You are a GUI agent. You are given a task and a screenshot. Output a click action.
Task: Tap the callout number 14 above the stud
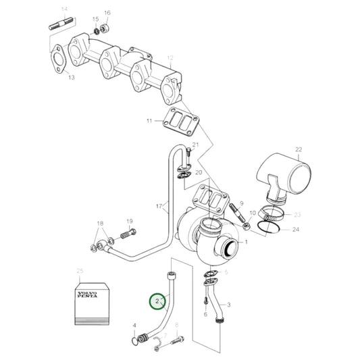tap(64, 9)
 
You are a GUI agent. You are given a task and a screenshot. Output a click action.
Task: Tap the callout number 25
tap(80, 272)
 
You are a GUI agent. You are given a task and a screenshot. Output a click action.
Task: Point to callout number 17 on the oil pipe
tap(159, 206)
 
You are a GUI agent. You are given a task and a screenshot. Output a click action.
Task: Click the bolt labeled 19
tap(126, 234)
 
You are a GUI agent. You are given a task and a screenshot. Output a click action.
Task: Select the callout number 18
tap(100, 224)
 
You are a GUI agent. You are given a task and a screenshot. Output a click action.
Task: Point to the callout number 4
tap(135, 326)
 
